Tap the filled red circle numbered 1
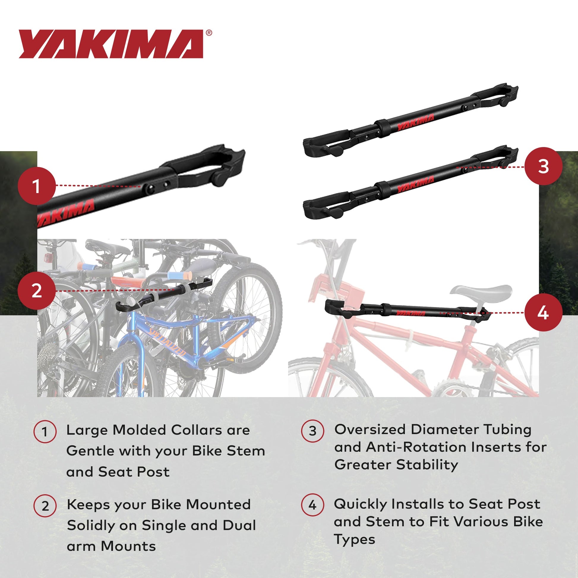37,186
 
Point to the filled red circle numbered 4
543,313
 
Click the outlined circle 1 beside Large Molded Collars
45,432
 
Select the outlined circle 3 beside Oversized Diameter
312,431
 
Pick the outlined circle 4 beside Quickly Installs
312,505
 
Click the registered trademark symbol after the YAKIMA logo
209,33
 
